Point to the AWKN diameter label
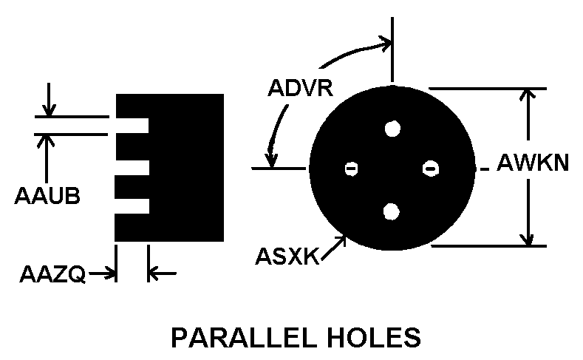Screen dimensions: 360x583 [x=533, y=162]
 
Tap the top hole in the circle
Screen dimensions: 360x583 [x=392, y=128]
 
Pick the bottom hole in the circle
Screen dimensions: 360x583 [x=392, y=211]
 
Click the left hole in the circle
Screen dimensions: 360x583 [x=351, y=169]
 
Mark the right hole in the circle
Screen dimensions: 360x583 [x=431, y=169]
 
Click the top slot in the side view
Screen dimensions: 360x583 [x=132, y=126]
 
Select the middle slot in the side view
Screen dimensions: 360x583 [x=132, y=167]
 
